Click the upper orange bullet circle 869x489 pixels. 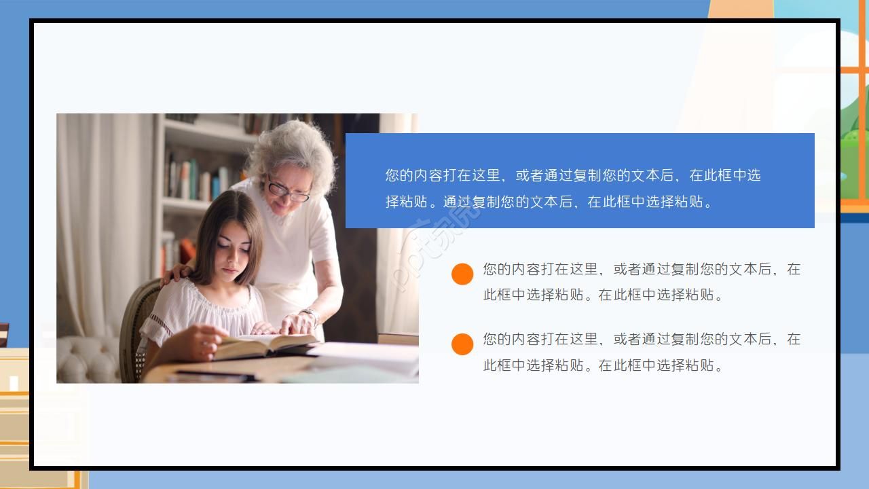tap(462, 274)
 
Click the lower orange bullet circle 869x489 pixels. tap(462, 344)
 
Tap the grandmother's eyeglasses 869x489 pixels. tap(288, 191)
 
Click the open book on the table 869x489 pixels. tap(265, 343)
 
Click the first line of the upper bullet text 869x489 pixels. tap(642, 269)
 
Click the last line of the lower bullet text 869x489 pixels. tap(604, 365)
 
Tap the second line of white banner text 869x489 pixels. tap(550, 202)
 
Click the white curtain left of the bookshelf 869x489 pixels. tap(102, 217)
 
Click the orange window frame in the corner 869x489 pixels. tap(853, 102)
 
